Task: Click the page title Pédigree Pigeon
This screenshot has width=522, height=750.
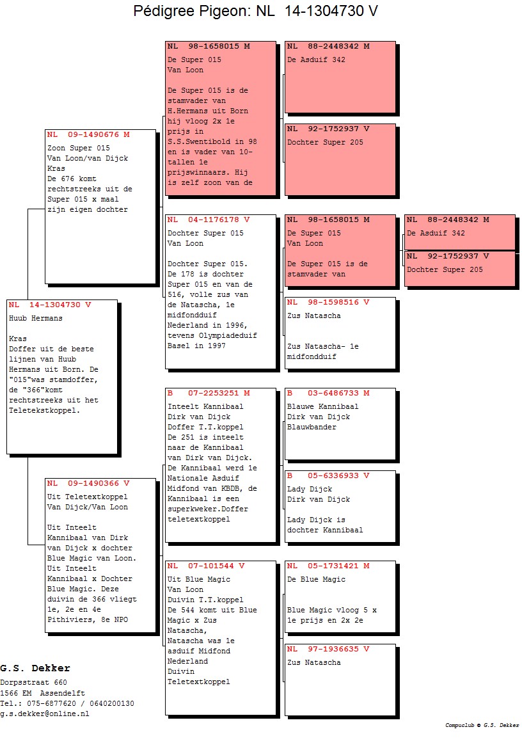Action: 203,11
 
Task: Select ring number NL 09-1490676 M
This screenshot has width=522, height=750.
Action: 88,135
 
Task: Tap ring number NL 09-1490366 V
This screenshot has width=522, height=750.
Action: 88,484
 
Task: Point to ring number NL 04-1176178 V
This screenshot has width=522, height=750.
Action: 209,220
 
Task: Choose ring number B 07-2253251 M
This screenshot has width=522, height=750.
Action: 209,393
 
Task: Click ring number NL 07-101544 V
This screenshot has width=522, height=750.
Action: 206,566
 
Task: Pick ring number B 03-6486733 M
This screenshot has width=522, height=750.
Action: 328,393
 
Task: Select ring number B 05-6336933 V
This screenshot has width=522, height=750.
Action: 328,476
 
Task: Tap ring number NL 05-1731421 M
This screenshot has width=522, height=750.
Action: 328,566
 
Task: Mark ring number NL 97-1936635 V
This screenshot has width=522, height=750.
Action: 328,650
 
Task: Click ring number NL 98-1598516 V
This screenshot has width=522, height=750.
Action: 328,303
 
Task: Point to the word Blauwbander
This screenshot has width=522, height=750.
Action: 312,427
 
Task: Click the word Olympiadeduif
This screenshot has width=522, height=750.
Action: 228,336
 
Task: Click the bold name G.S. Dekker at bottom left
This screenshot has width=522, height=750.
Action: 35,668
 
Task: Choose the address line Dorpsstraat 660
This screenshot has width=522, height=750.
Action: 33,683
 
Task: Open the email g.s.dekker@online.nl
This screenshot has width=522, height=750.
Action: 44,714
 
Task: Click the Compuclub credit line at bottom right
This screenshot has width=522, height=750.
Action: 482,725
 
